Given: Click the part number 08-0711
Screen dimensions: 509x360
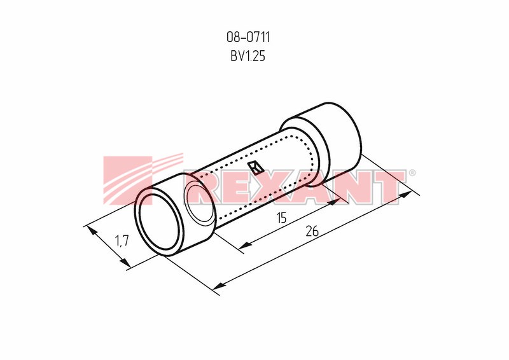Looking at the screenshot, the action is coord(248,38).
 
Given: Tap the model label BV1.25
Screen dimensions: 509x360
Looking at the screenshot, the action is coord(248,56).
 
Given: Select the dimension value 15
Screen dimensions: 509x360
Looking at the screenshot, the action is coord(282,218).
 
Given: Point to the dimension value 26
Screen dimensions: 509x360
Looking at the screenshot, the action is coord(312,232).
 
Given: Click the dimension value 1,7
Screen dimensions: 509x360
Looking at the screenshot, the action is coord(122,241).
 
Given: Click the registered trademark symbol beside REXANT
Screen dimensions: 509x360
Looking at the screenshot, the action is coord(412,173).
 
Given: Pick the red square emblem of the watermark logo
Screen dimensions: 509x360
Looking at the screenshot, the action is coord(128,181).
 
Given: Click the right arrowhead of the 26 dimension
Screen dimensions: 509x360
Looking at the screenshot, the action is coord(407,195).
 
